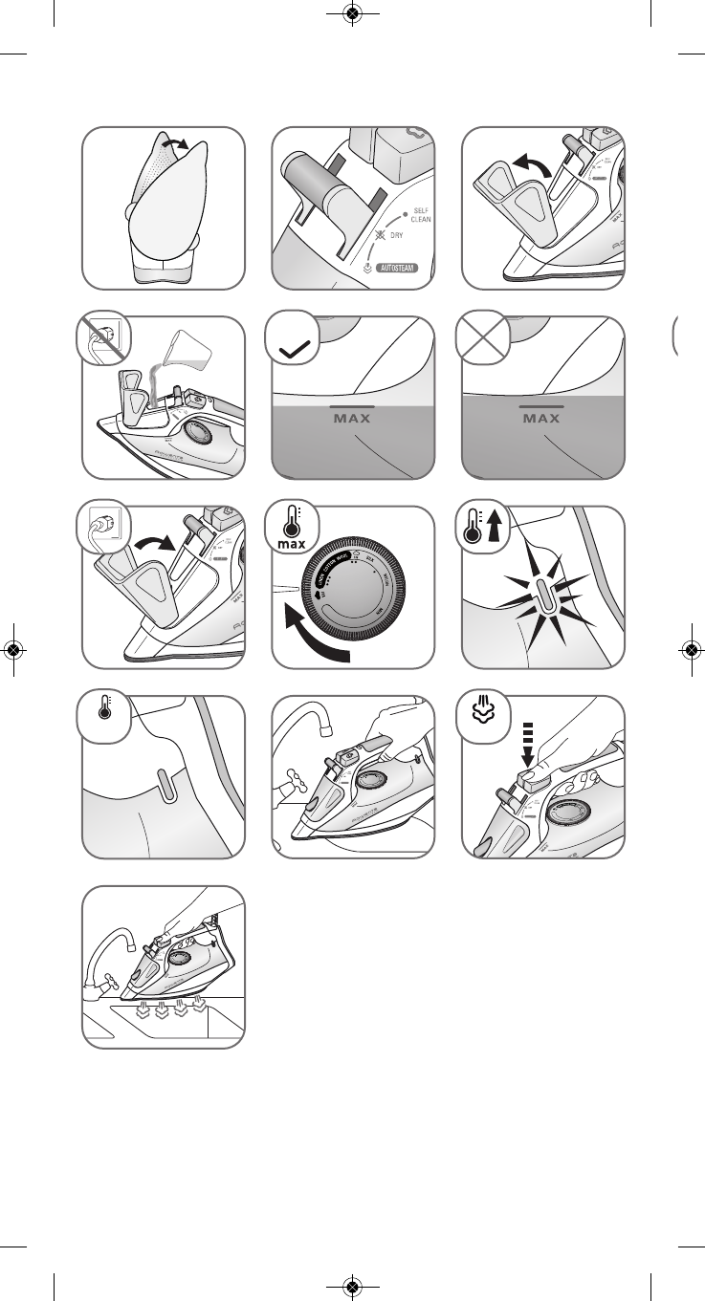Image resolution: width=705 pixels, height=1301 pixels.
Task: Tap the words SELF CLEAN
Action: [420, 214]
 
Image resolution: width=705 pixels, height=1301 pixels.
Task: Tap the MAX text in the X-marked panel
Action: [541, 418]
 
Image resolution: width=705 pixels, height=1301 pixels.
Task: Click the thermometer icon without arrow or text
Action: [102, 714]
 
